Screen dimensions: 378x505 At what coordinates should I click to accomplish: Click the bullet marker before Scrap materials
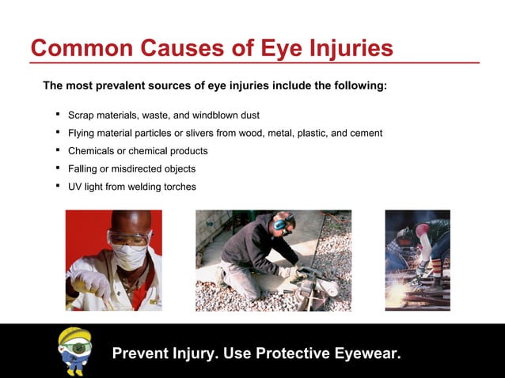coord(58,115)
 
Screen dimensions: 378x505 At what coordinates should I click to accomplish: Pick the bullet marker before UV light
coord(58,187)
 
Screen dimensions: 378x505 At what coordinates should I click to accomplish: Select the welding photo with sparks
coord(417,260)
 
